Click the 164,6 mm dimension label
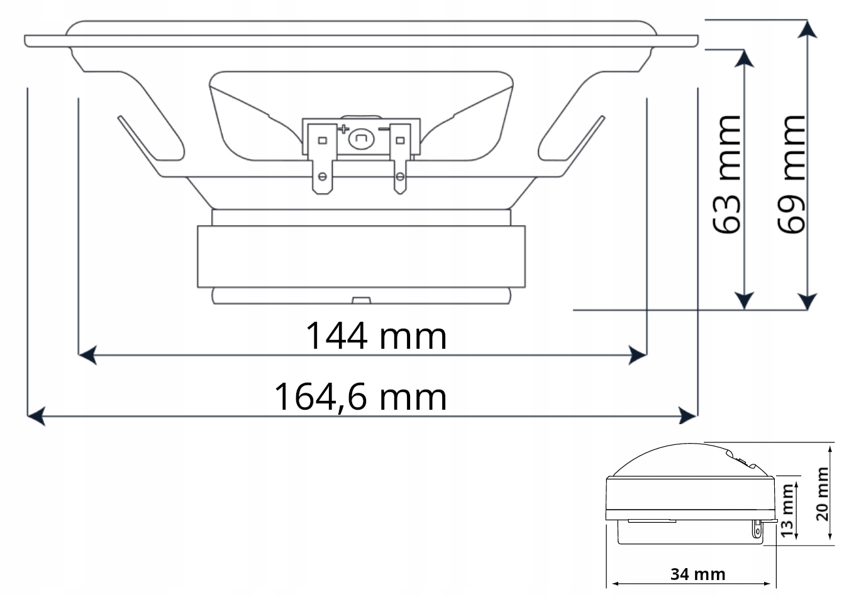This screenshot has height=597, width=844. [360, 397]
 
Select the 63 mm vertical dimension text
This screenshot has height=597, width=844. [727, 174]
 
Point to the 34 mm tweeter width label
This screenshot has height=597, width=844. [697, 573]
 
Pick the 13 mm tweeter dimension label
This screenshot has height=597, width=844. [786, 511]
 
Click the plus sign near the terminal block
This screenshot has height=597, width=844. [343, 131]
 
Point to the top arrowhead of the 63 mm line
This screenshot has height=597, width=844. [745, 58]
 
